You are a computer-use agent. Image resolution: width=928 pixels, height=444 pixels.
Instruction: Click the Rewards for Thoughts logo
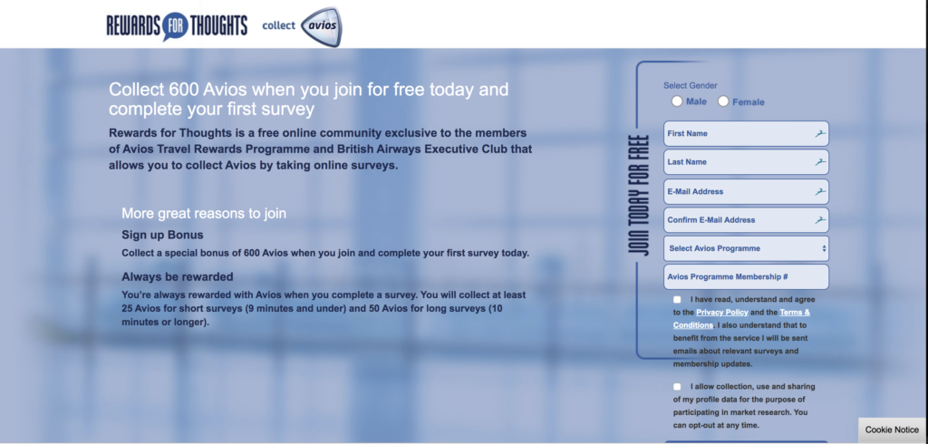point(177,26)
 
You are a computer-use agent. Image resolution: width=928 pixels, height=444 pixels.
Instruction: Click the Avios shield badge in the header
point(322,26)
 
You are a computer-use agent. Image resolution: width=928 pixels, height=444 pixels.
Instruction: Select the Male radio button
point(677,101)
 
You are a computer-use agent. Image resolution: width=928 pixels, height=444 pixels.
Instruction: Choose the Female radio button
point(723,101)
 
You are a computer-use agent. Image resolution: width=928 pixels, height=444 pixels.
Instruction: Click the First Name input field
point(747,134)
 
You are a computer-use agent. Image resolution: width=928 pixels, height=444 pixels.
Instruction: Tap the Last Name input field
point(747,162)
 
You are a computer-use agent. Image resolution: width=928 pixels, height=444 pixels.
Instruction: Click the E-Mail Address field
point(747,192)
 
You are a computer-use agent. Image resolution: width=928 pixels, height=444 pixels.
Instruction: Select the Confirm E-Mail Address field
point(747,220)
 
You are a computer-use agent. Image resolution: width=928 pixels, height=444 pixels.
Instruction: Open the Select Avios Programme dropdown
point(747,248)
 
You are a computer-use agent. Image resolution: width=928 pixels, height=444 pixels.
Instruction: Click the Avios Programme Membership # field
point(747,277)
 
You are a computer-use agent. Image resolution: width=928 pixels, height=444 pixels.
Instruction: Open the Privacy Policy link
point(722,312)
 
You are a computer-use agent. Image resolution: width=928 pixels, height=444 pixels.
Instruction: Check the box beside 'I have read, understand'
point(677,300)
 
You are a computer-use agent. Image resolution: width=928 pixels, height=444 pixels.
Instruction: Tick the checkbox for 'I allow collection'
point(677,387)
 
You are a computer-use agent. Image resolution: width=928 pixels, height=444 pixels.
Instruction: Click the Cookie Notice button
point(892,430)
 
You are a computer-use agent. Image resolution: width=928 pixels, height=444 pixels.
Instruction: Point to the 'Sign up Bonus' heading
point(163,235)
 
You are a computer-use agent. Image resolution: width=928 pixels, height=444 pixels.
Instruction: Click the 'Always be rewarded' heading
point(178,276)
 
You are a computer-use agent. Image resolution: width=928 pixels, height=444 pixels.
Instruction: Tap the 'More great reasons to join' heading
point(204,213)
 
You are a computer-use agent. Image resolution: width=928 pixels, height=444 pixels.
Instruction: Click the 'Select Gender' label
point(690,86)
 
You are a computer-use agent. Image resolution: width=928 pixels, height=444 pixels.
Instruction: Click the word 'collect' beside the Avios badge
point(279,25)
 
